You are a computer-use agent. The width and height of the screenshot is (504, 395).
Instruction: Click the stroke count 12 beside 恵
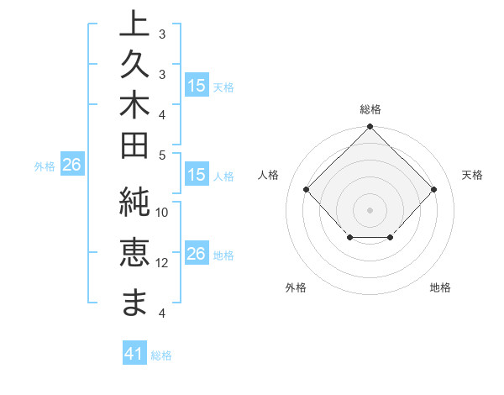[x=162, y=263]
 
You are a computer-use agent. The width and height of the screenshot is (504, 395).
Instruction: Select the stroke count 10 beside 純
[x=162, y=213]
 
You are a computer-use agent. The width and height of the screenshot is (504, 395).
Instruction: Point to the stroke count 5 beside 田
[x=162, y=155]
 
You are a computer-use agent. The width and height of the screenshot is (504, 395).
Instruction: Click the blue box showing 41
[x=134, y=355]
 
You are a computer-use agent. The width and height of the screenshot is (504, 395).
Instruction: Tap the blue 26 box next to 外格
[x=71, y=166]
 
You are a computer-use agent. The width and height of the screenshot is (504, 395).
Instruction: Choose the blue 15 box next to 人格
[x=196, y=176]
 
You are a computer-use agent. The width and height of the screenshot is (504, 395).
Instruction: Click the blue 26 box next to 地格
[x=196, y=255]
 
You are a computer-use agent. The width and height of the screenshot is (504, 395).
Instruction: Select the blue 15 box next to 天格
[x=196, y=86]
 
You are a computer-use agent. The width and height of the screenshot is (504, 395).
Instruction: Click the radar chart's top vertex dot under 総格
[x=370, y=128]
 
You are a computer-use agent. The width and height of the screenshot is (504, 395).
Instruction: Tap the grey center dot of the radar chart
[x=370, y=209]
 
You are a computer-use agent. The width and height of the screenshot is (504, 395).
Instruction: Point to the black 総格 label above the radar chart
[x=370, y=110]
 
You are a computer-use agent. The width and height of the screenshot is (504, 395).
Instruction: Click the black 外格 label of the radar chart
[x=296, y=287]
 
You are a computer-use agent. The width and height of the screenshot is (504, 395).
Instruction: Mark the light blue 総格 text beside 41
[x=161, y=355]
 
